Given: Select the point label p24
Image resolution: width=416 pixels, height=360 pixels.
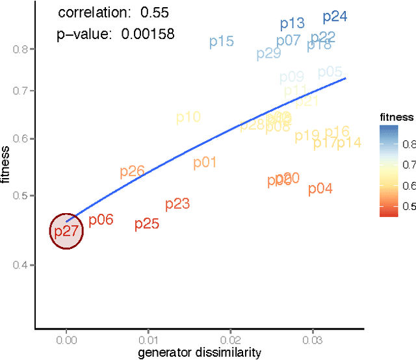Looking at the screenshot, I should click(335, 17).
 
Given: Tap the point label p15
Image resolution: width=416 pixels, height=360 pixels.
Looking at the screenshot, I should click(221, 42).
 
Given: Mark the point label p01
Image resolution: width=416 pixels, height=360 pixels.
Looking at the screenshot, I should click(204, 162).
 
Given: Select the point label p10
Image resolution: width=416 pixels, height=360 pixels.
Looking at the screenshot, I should click(188, 118).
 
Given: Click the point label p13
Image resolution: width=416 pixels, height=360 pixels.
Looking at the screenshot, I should click(292, 24).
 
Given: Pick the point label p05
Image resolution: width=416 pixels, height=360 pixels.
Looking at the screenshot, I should click(330, 72).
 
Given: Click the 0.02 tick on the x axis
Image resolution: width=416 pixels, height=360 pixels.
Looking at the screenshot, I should click(230, 339).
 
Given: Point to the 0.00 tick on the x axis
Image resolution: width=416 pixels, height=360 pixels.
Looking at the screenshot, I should click(66, 339).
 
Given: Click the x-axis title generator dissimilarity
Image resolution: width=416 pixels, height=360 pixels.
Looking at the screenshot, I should click(199, 352).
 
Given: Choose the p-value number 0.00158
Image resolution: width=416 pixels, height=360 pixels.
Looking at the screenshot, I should click(148, 34).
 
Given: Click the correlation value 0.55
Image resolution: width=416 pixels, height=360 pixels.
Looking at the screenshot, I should click(151, 12).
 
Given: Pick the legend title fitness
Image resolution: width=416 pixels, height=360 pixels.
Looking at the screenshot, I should click(396, 117).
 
